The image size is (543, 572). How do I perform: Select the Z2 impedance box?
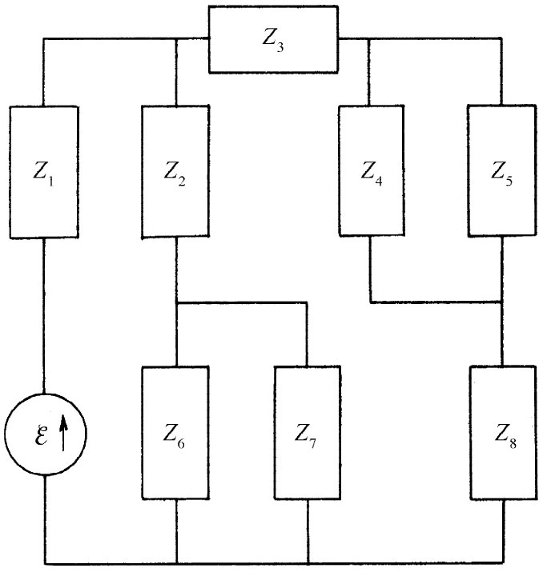pyautogui.click(x=175, y=171)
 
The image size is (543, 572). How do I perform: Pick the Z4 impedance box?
pyautogui.click(x=371, y=171)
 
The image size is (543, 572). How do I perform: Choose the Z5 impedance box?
pyautogui.click(x=501, y=171)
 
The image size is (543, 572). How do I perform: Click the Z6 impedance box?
pyautogui.click(x=175, y=432)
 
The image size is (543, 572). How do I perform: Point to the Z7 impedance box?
pyautogui.click(x=308, y=432)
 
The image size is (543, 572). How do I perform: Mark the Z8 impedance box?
pyautogui.click(x=501, y=432)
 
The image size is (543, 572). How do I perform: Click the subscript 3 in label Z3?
pyautogui.click(x=280, y=44)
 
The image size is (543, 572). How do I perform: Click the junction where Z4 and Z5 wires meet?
pyautogui.click(x=501, y=302)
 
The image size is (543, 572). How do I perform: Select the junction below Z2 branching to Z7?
pyautogui.click(x=175, y=302)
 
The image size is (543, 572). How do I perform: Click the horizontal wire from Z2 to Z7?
pyautogui.click(x=240, y=302)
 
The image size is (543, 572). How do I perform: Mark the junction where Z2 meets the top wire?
pyautogui.click(x=175, y=38)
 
